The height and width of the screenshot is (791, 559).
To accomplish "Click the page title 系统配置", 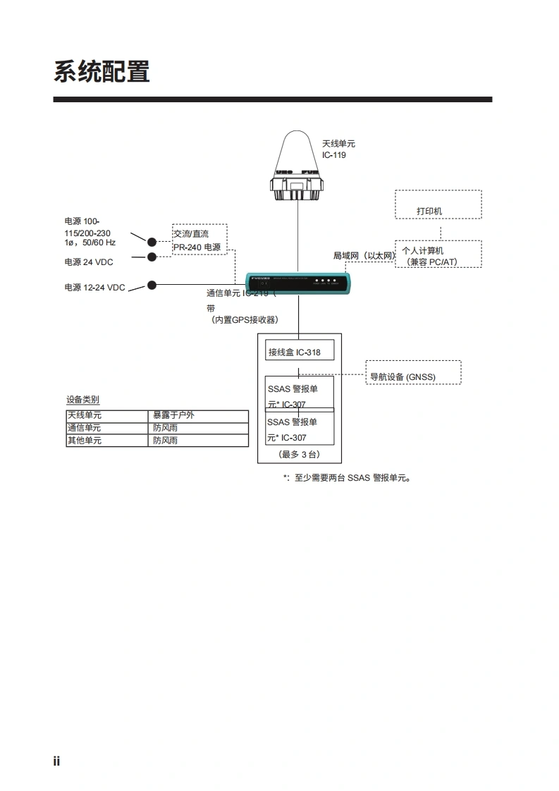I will click(x=102, y=72).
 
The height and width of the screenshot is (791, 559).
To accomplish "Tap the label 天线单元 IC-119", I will click(x=338, y=149).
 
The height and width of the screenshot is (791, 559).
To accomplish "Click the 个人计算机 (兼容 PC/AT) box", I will click(x=438, y=255).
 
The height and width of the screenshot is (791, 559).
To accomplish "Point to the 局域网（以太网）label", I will click(x=364, y=256).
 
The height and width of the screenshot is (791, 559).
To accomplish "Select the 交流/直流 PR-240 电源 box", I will click(x=199, y=240).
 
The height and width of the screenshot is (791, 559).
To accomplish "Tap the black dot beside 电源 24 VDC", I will click(x=151, y=257).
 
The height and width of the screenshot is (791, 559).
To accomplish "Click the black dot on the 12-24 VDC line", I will click(x=151, y=285).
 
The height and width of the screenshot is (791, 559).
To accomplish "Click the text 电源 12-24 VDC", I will click(x=95, y=288).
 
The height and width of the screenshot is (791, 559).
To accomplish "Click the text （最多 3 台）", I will click(x=299, y=454).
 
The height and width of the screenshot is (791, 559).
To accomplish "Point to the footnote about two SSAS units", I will click(x=347, y=478).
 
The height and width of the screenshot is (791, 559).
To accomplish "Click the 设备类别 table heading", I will click(x=82, y=400).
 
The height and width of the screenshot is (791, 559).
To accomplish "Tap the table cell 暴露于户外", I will click(x=173, y=415).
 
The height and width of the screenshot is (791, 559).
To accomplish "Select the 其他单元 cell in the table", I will click(x=85, y=441).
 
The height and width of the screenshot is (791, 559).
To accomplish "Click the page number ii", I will click(x=56, y=761).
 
